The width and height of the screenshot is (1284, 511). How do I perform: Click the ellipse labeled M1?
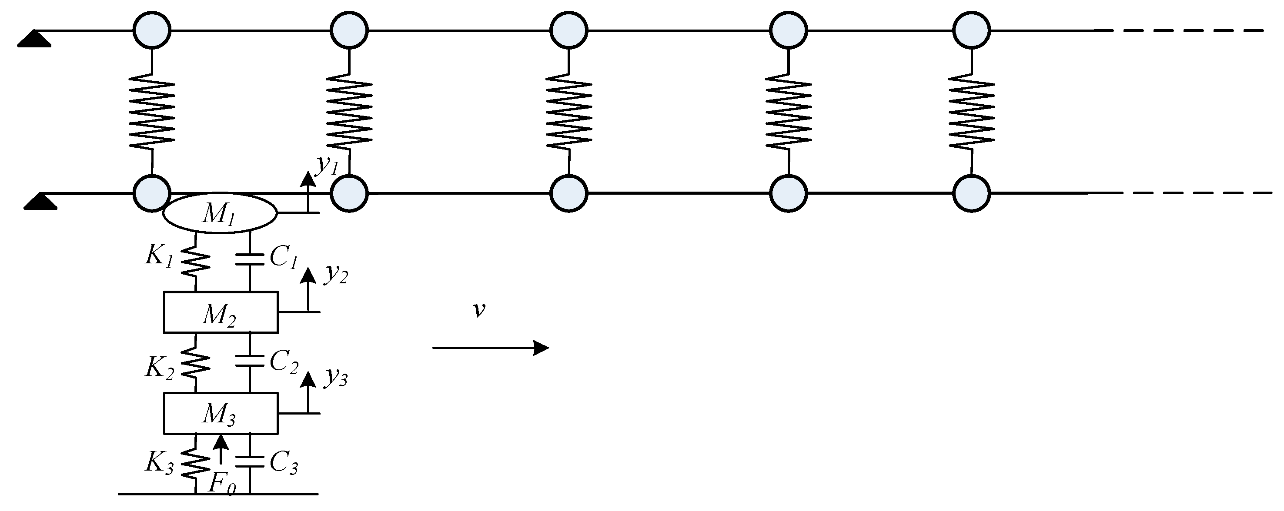tap(220, 213)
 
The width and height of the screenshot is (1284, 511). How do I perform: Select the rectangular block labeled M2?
tap(221, 312)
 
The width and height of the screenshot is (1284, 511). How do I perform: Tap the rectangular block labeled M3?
tap(221, 413)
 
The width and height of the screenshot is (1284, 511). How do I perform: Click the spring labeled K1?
tap(195, 263)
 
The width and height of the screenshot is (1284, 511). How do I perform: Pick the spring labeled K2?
tap(195, 362)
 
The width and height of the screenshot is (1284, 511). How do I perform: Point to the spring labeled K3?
tap(195, 463)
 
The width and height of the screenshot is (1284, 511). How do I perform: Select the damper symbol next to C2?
tap(249, 361)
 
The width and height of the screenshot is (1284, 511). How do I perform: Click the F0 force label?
tap(221, 483)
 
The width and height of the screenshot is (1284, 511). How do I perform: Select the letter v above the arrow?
tap(478, 310)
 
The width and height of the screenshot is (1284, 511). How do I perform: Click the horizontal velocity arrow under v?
tap(491, 348)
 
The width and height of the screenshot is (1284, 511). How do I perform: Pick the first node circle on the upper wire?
tap(152, 30)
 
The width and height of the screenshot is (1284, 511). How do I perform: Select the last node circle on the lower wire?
tap(971, 193)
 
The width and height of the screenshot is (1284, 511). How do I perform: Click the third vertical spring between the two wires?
tap(569, 112)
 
